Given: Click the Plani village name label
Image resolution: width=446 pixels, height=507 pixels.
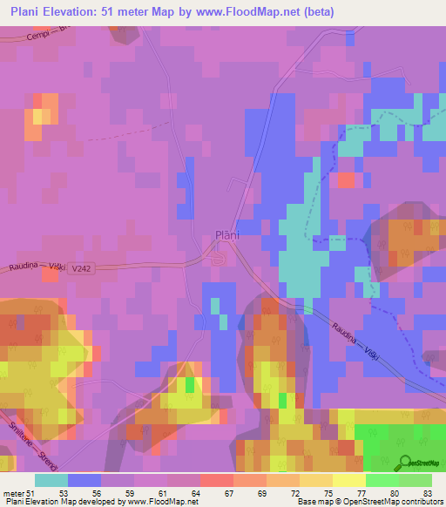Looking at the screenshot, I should (x=226, y=234).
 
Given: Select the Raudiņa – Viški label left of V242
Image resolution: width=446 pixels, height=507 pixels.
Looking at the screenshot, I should (x=37, y=266).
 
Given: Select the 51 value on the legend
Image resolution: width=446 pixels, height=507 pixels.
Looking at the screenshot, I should (x=37, y=492).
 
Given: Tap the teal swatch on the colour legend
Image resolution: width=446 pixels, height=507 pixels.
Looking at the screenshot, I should (x=51, y=480).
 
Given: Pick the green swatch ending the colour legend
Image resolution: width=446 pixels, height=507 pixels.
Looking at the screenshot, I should (x=416, y=480).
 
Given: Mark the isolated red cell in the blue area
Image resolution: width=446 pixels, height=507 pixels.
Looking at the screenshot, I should (x=346, y=180).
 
